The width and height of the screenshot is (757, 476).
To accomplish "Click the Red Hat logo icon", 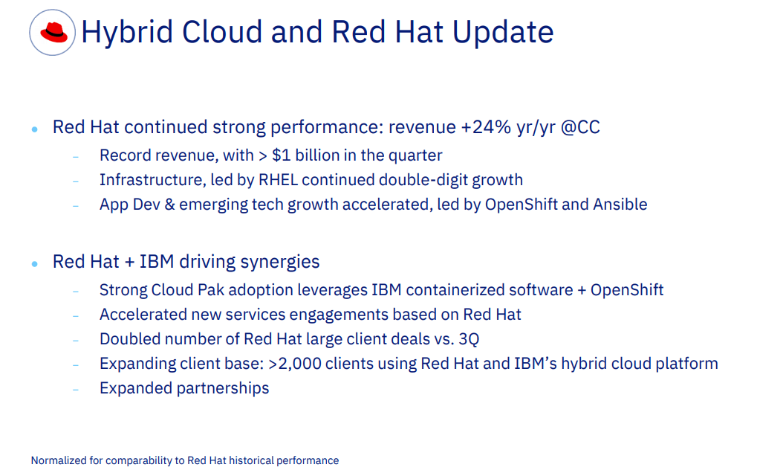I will (x=53, y=32).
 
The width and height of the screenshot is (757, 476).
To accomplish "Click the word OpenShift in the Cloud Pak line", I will (x=627, y=290).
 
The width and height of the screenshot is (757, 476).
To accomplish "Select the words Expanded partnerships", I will (x=184, y=388).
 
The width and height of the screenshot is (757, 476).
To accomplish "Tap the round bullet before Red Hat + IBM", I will (x=35, y=264).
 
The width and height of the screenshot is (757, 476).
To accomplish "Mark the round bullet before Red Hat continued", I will (x=35, y=129).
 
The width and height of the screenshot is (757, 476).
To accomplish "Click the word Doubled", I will (x=129, y=339).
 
